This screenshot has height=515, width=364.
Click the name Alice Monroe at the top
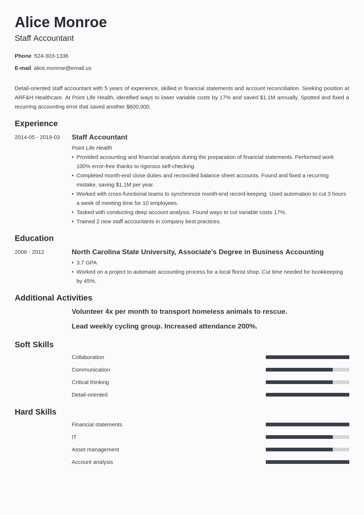[x=61, y=22]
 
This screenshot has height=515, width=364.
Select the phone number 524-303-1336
[x=51, y=56]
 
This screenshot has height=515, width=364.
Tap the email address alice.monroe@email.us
[x=63, y=68]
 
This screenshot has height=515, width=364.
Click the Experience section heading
[x=36, y=124]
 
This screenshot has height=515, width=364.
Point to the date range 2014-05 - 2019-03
[x=37, y=137]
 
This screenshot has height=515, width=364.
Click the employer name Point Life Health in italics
[x=92, y=148]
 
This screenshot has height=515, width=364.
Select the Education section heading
[x=34, y=238]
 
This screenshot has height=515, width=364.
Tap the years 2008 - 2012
[x=29, y=252]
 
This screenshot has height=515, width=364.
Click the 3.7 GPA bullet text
[x=86, y=263]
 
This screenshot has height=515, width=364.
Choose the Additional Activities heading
[x=53, y=298]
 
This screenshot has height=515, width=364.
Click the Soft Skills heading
[x=34, y=345]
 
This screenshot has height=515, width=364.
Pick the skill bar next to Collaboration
[x=307, y=357]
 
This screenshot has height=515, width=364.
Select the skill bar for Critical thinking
[x=307, y=382]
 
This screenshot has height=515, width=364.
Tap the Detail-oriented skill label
[x=89, y=395]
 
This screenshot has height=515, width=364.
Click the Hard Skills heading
[x=35, y=412]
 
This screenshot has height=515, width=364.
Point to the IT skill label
[x=74, y=437]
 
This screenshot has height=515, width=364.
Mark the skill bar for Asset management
[x=307, y=450]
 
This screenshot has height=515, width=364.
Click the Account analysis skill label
[x=92, y=462]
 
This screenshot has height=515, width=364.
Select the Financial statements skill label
[x=97, y=425]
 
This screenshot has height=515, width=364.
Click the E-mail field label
[x=23, y=68]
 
